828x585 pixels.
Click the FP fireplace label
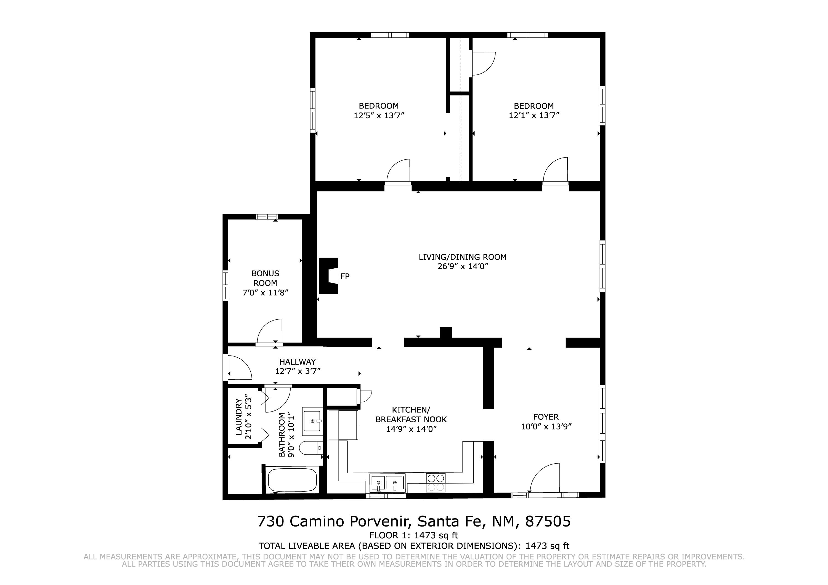[345, 276]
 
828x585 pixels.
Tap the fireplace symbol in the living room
[328, 276]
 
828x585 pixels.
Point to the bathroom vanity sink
[312, 421]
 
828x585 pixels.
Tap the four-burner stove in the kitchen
[436, 483]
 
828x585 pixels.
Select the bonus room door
[269, 331]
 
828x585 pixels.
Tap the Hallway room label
[298, 362]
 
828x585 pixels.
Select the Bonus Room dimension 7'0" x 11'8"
[266, 292]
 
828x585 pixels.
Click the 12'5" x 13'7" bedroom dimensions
[379, 115]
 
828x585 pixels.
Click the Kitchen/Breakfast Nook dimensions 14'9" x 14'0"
[411, 429]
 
